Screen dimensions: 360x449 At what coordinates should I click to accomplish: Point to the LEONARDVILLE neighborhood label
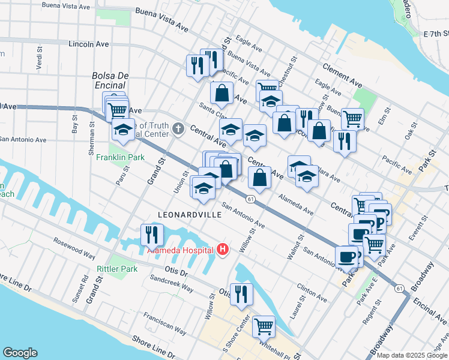pos(186,214)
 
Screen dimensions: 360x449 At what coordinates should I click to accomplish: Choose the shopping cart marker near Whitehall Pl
pos(264,326)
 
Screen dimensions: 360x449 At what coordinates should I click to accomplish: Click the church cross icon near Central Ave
pos(178,128)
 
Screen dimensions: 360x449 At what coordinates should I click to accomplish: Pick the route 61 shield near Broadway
pos(400,289)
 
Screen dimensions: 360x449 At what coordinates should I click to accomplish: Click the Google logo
pos(20,352)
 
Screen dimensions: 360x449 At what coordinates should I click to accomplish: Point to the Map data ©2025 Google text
pos(412,355)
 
